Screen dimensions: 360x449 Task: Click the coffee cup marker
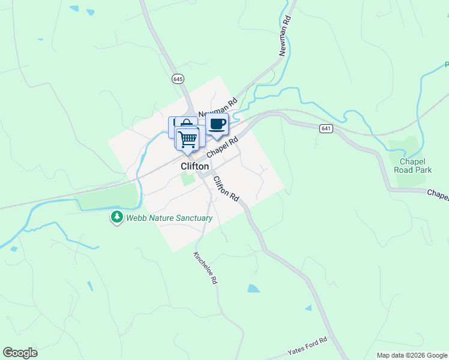click(217, 124)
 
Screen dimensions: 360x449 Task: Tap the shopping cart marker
click(188, 139)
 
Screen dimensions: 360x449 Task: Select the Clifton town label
click(195, 166)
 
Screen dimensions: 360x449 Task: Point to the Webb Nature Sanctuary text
click(169, 218)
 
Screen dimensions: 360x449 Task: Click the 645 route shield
click(178, 79)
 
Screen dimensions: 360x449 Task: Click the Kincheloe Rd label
click(205, 267)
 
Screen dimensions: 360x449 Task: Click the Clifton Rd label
click(226, 188)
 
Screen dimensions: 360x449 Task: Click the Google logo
click(20, 353)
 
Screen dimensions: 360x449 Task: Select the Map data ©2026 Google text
click(412, 355)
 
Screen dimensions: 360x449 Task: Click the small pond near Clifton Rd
click(254, 289)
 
